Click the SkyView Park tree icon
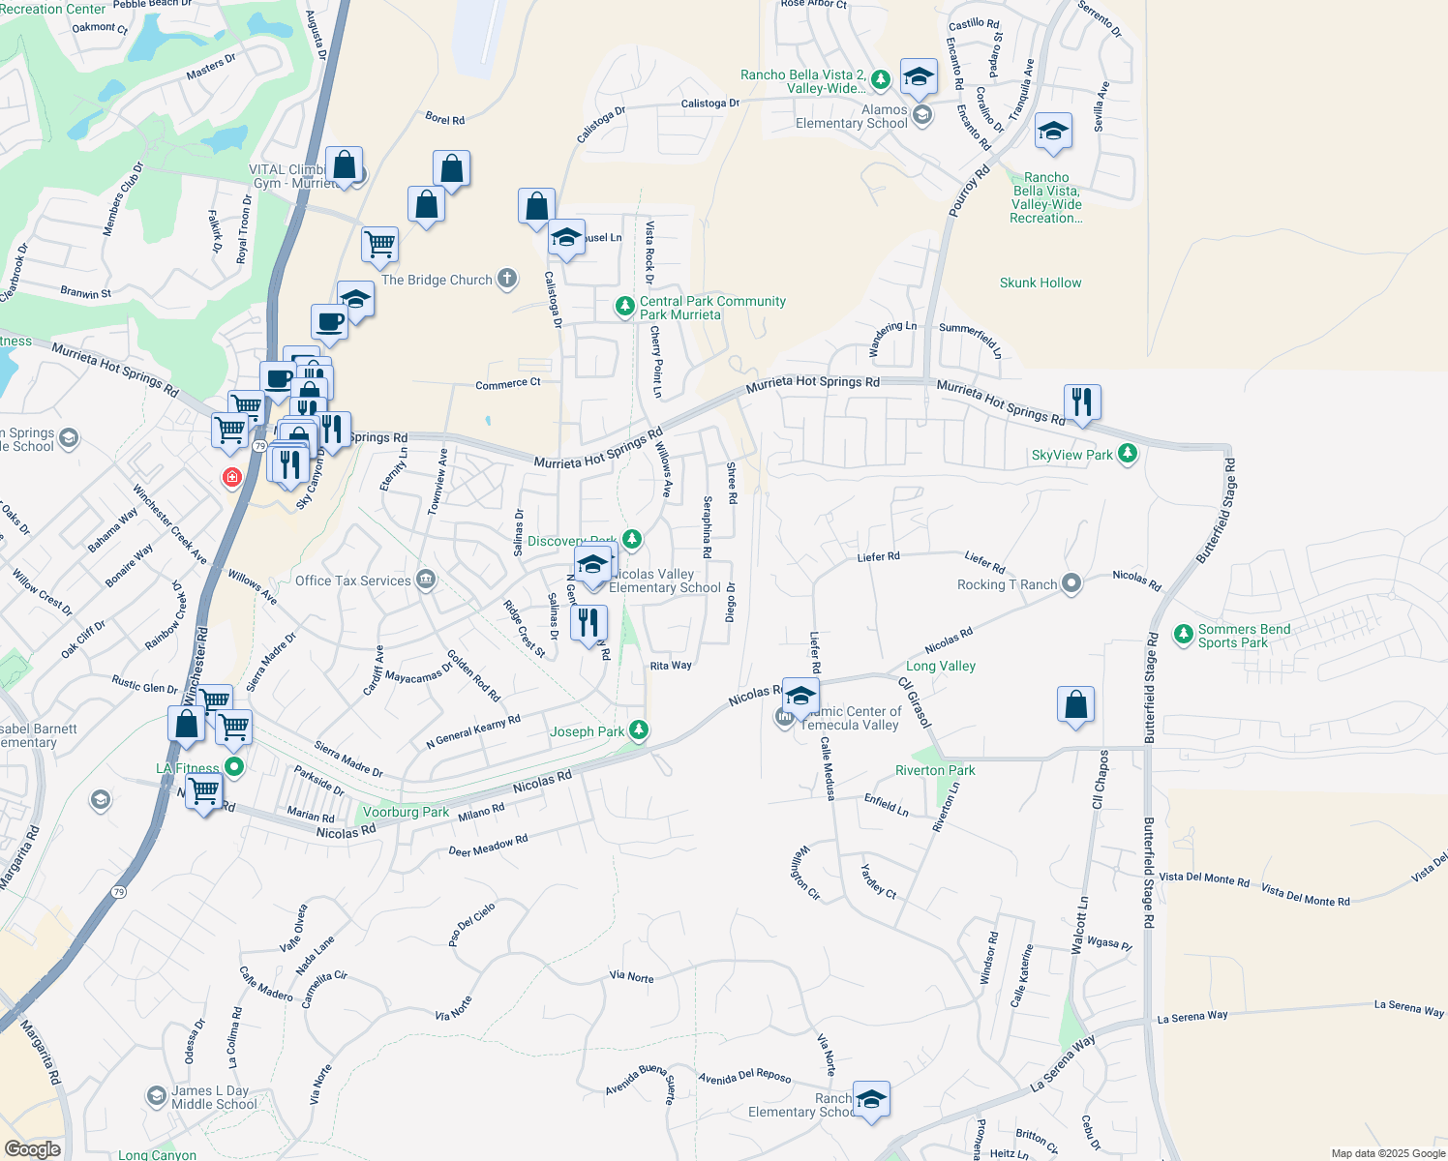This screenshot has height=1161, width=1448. (1127, 454)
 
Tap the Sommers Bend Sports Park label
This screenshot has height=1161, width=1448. (1244, 636)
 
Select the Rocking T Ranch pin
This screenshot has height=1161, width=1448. (1071, 583)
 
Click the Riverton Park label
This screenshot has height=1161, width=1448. (935, 770)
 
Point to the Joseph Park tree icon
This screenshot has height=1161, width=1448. (638, 730)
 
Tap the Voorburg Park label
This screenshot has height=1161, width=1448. (406, 812)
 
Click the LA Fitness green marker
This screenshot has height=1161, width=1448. (234, 767)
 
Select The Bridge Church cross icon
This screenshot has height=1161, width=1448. (507, 280)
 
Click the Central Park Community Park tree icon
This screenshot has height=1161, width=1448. (625, 307)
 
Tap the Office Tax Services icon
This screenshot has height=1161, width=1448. (425, 580)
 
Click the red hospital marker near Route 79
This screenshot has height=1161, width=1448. (231, 477)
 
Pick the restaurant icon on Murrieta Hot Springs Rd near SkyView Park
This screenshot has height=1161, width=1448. (1082, 402)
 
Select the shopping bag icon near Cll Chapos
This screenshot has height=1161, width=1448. (1075, 705)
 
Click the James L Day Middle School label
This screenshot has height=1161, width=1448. (214, 1097)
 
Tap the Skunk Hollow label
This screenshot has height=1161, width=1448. (1041, 283)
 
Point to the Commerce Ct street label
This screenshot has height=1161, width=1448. (508, 384)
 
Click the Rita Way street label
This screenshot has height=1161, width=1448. (671, 666)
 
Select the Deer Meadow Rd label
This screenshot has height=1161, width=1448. (488, 846)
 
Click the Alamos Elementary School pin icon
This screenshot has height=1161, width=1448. (922, 115)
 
